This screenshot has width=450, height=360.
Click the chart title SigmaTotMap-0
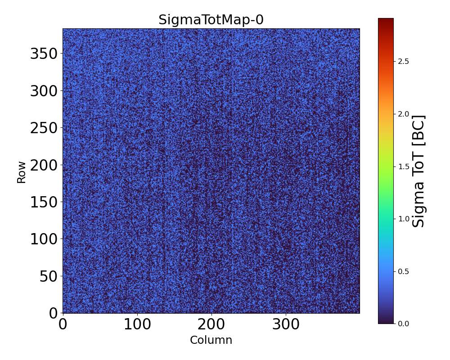click(211, 20)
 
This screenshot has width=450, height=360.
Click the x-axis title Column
click(211, 340)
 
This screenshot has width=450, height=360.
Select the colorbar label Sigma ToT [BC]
click(419, 171)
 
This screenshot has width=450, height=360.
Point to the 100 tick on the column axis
click(137, 325)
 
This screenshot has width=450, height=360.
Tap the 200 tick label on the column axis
click(211, 325)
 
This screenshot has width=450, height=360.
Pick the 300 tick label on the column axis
click(286, 325)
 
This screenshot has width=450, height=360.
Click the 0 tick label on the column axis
click(63, 325)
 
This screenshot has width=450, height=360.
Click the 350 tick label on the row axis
click(44, 54)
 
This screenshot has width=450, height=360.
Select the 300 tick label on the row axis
click(44, 91)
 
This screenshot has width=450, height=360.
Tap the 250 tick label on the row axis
click(44, 128)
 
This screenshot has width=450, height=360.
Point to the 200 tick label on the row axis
click(44, 165)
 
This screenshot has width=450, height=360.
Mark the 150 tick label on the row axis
click(44, 202)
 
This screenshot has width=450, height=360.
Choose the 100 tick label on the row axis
click(44, 239)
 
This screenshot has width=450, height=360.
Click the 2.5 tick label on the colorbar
click(404, 61)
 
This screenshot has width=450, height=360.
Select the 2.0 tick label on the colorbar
click(404, 114)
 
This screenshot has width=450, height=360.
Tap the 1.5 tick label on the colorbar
click(404, 166)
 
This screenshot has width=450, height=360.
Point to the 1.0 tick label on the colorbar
click(404, 219)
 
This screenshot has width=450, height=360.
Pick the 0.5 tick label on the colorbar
click(404, 271)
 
